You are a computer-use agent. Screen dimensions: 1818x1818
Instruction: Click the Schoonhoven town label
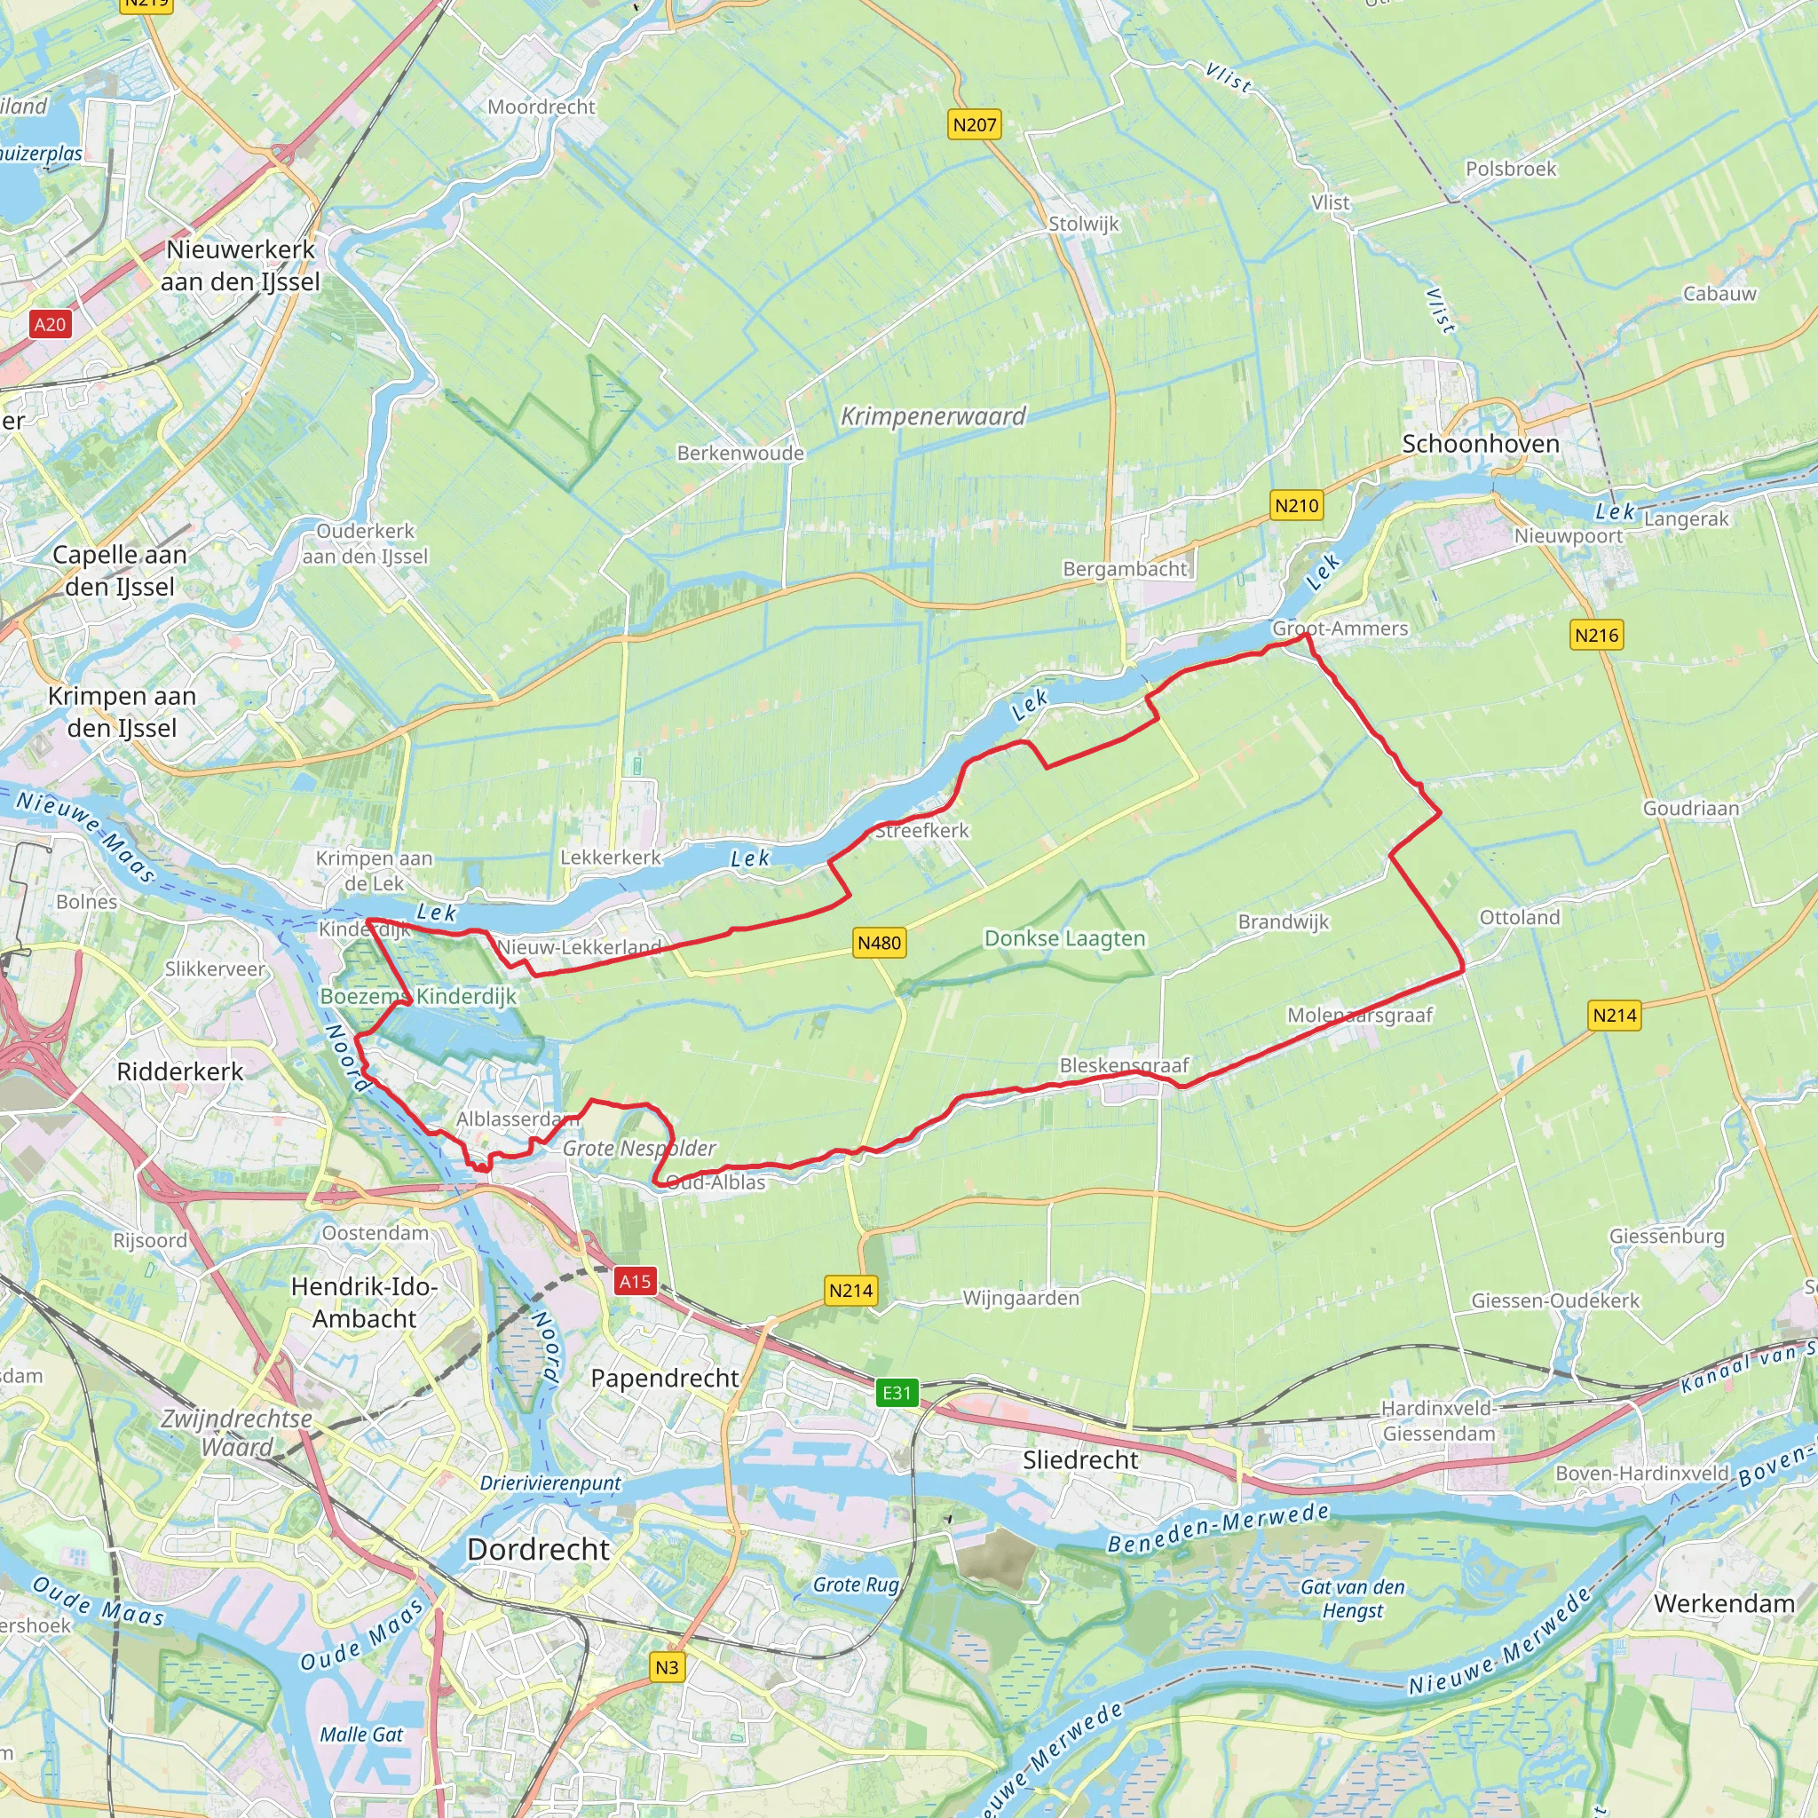pos(1480,444)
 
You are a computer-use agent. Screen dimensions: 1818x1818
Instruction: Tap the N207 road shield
pos(974,124)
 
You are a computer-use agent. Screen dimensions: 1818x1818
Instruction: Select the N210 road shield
pos(1297,505)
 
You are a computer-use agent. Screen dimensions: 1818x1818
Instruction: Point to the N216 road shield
pos(1597,636)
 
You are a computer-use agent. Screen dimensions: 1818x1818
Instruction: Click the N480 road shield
pos(879,943)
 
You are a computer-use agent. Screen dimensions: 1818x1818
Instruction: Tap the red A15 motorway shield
pos(634,1281)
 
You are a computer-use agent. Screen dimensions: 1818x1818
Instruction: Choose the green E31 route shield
pos(897,1393)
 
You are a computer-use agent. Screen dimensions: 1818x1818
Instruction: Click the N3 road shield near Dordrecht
pos(667,1667)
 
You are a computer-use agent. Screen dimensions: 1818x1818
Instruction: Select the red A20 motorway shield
pos(50,325)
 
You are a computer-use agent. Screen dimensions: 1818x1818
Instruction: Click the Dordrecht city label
pos(538,1549)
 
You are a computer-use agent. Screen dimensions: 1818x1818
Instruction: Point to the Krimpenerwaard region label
pos(933,416)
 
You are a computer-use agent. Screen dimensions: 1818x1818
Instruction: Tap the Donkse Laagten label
pos(1064,938)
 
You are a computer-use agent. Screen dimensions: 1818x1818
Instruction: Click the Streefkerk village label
pos(921,830)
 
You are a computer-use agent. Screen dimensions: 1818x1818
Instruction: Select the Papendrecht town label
pos(664,1378)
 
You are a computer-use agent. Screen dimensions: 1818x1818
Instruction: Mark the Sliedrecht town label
pos(1080,1459)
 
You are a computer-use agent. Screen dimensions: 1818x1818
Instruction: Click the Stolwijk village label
pos(1084,224)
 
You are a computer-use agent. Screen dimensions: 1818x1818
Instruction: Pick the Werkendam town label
pos(1724,1603)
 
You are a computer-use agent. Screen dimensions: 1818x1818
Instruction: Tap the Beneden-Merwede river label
pos(1218,1529)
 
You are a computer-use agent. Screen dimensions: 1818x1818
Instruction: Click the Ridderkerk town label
pos(179,1071)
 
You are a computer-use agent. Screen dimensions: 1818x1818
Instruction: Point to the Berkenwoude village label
pos(740,453)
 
